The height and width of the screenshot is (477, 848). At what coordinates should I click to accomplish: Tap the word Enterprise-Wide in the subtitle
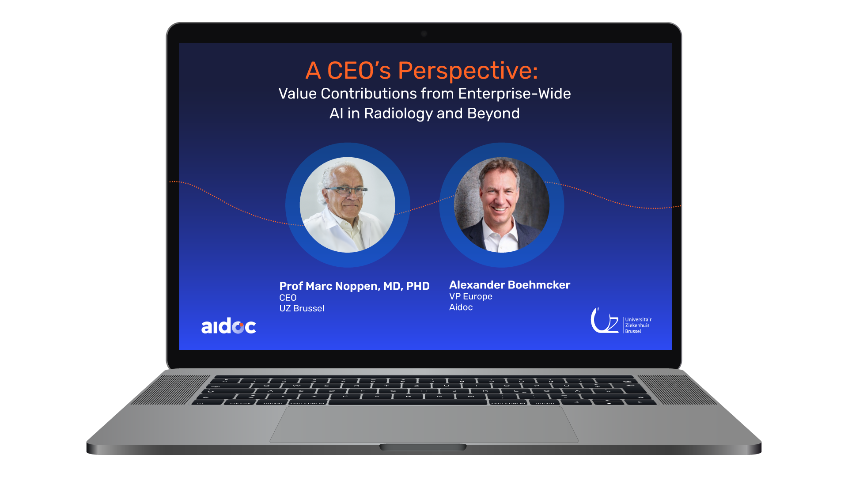515,94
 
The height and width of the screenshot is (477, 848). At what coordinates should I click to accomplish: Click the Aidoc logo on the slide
228,326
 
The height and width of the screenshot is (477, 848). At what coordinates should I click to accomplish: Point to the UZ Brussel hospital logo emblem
605,321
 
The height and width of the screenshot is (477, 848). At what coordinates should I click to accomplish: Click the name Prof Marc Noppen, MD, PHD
354,286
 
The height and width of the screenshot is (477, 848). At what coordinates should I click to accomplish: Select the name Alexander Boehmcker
510,285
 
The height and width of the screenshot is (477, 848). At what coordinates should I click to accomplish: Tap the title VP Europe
471,296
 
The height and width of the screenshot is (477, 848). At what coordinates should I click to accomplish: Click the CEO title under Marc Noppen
288,298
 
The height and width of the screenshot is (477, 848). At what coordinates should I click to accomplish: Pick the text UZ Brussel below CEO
302,308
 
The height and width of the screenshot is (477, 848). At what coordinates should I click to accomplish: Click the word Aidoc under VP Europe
461,307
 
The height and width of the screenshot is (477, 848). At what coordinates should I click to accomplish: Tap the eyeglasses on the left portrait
345,191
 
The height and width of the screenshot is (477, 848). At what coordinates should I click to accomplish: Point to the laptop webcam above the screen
424,34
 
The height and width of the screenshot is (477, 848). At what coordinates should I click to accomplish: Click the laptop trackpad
424,424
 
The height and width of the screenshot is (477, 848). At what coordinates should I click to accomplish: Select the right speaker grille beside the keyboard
677,390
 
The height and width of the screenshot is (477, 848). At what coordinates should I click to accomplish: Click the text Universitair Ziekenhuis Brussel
638,326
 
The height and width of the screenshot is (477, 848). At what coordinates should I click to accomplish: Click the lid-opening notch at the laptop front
423,447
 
